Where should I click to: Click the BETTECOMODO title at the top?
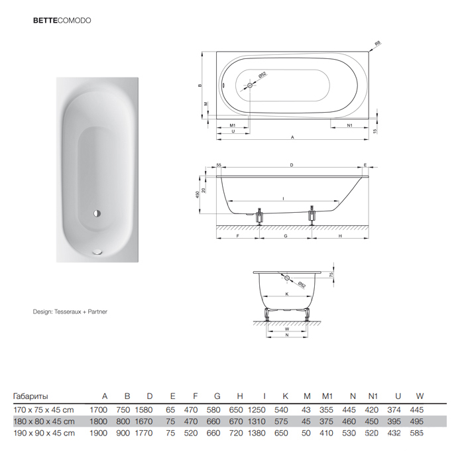62,21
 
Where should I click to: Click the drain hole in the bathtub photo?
97,213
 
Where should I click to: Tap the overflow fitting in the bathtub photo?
97,252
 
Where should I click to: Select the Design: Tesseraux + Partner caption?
70,312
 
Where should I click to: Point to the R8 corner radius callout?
377,44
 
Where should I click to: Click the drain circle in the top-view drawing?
250,86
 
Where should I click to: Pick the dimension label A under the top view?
292,137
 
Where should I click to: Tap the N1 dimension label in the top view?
349,125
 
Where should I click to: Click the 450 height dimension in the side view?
198,194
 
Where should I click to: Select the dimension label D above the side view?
292,165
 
